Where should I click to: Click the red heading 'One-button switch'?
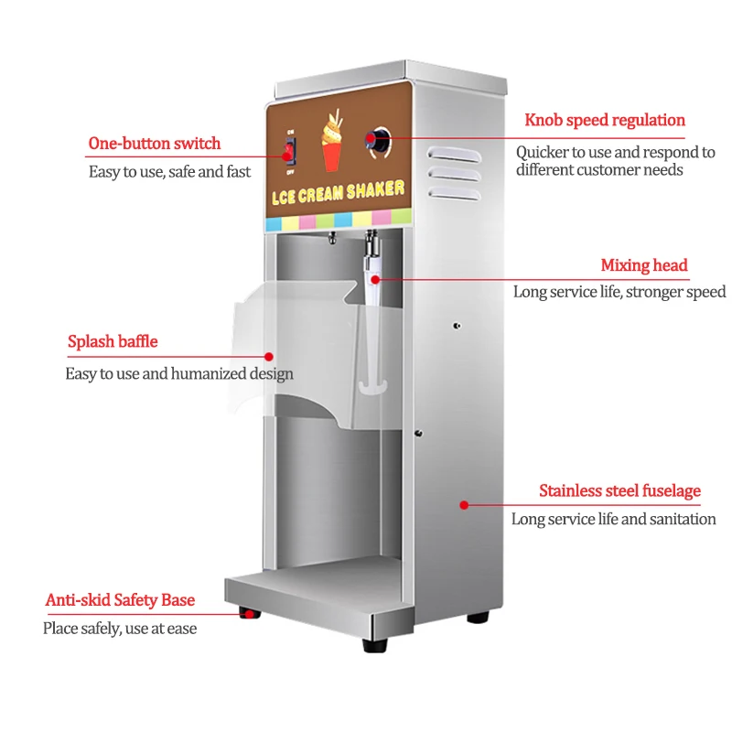(x=154, y=144)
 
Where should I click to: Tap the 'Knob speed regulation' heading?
(x=604, y=120)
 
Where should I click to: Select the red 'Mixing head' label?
(x=643, y=265)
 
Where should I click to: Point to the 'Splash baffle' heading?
(x=113, y=342)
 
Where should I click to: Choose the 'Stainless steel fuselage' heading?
(x=619, y=491)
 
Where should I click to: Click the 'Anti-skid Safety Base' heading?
(x=120, y=600)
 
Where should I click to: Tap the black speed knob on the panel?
(x=377, y=139)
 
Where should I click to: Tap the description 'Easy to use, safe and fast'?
(x=169, y=171)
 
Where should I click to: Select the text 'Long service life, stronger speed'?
(x=619, y=292)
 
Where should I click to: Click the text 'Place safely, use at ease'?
(x=120, y=629)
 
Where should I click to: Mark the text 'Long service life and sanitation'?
(x=613, y=519)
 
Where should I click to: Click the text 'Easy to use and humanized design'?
(x=179, y=373)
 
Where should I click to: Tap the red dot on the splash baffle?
(x=269, y=355)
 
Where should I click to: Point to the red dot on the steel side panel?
(x=464, y=504)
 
